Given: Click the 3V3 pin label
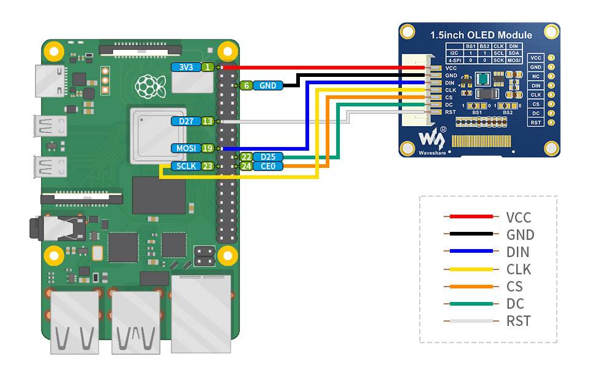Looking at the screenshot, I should (x=186, y=67).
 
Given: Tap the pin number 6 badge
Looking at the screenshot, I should (x=246, y=86).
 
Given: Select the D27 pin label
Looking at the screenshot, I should (x=186, y=121).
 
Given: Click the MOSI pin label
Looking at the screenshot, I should (x=186, y=148).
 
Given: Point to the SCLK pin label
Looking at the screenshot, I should (x=186, y=166).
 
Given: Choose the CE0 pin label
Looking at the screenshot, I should (x=268, y=166).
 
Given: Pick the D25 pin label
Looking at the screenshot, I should (x=268, y=157).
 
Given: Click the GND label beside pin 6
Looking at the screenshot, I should (x=268, y=86).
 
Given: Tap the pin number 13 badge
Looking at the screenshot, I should (x=208, y=121).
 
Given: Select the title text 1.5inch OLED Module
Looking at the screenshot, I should (x=481, y=35).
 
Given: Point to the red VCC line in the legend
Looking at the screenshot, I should (x=471, y=216).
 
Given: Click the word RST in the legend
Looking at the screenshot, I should (x=518, y=321).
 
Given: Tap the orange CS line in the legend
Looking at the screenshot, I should (x=471, y=286).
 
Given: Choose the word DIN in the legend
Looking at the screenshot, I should (x=517, y=252).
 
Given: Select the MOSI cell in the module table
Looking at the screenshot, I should (x=514, y=61).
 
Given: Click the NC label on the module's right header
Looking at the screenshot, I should (x=536, y=76).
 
